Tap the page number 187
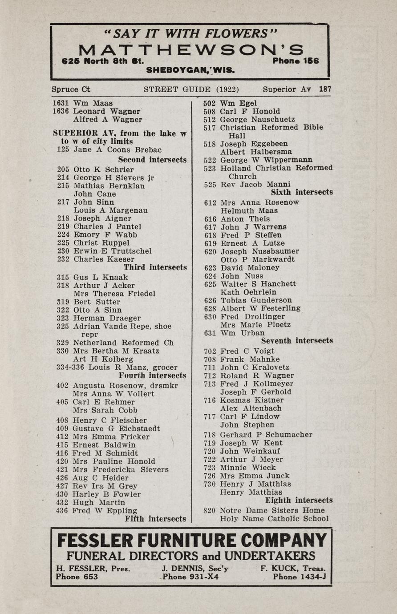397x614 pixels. [x=325, y=89]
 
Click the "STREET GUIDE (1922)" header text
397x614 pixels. [x=191, y=89]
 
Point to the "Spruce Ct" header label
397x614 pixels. [x=71, y=89]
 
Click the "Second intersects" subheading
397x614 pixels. [x=152, y=159]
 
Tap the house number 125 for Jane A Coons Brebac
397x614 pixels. [x=63, y=150]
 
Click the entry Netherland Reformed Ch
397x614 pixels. [x=123, y=343]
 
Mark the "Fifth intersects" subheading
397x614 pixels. [x=155, y=519]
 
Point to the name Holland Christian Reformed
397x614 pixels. [x=276, y=168]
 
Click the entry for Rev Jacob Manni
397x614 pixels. [x=255, y=184]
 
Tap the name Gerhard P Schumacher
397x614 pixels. [x=266, y=435]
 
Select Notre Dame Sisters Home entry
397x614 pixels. [x=272, y=510]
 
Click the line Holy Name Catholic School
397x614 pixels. [x=274, y=519]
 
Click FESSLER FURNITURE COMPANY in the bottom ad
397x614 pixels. [x=192, y=541]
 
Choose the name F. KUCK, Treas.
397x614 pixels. [x=293, y=569]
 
